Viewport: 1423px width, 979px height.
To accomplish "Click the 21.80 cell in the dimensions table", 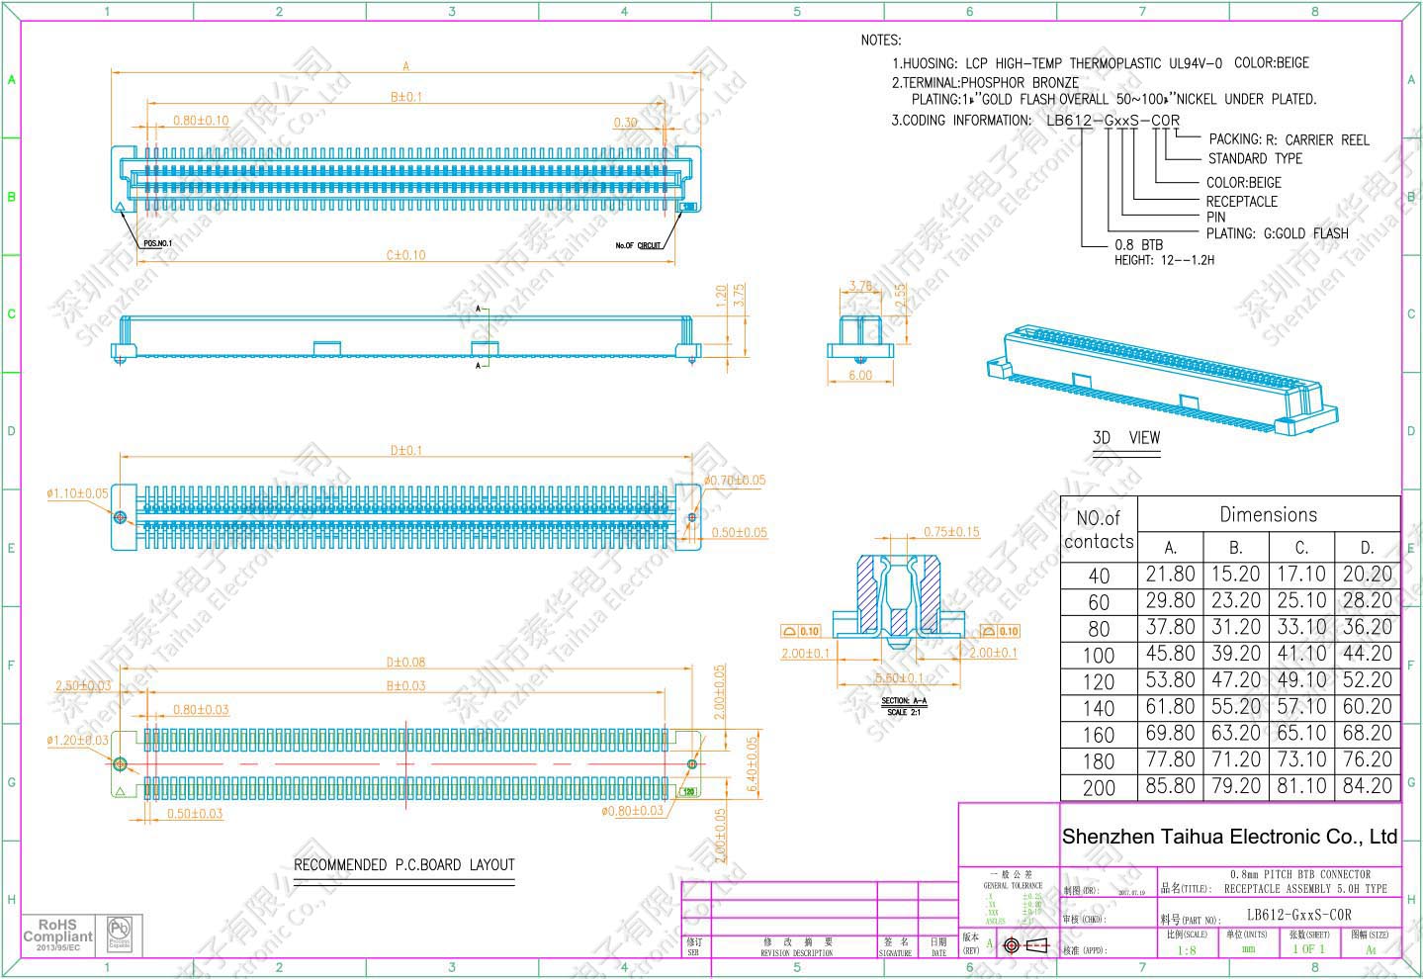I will [x=1170, y=575].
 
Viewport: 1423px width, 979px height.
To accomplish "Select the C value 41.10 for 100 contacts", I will [x=1300, y=655].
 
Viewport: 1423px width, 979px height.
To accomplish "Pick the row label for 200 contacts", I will [x=1099, y=788].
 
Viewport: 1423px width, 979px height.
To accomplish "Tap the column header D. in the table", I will [x=1367, y=547].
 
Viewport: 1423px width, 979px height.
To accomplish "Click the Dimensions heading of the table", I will [x=1268, y=514].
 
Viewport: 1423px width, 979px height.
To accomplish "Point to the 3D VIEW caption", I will [x=1125, y=438].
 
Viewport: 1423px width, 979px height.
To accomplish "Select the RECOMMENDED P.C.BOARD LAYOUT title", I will [x=403, y=865].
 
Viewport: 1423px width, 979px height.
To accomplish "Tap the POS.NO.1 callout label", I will [x=157, y=242].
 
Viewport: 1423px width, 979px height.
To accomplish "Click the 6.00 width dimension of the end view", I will [x=860, y=376].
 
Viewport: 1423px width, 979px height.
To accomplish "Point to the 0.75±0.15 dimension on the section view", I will [x=951, y=532].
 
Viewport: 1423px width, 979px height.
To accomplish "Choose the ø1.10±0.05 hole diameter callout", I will [x=78, y=492].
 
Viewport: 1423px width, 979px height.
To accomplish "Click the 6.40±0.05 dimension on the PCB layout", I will [x=751, y=763].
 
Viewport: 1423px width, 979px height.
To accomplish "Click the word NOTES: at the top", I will [x=881, y=41].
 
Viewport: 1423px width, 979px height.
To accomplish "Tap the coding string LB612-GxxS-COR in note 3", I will [x=1112, y=121].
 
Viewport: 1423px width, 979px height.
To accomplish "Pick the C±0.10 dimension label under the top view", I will [x=405, y=255].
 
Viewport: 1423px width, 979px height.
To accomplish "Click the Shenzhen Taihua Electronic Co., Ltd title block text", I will [x=1229, y=837].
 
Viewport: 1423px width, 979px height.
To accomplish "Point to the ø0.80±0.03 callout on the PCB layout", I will [x=632, y=811].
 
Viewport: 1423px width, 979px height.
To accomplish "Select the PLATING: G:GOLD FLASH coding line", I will [x=1277, y=233].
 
